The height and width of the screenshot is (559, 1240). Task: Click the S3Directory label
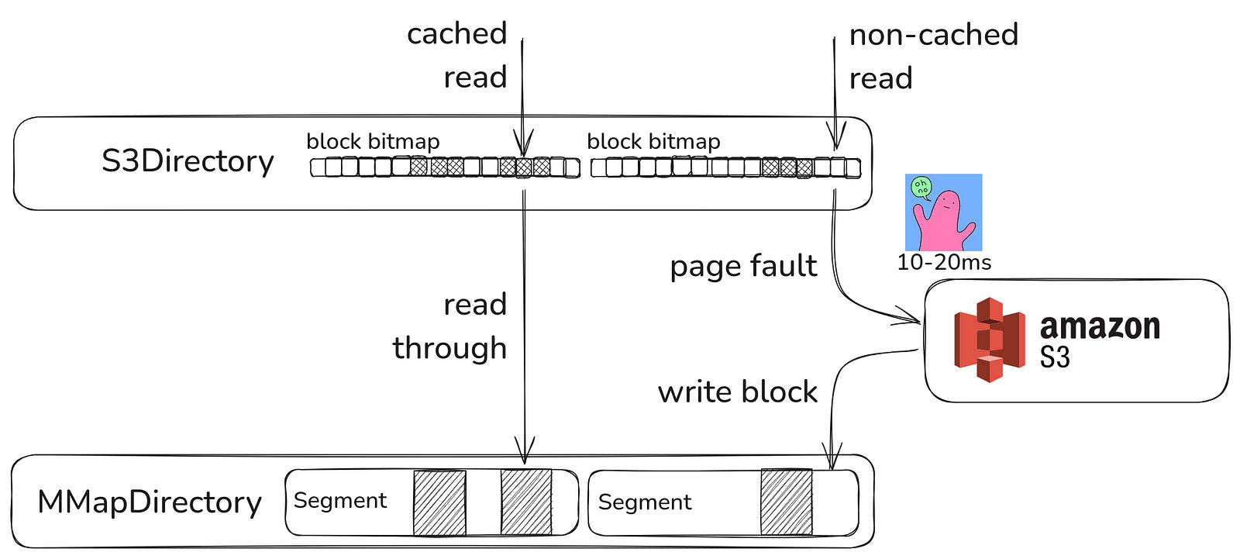188,161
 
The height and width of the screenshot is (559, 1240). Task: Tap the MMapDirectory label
150,502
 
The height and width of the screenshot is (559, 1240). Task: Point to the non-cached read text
933,56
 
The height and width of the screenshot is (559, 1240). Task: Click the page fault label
742,266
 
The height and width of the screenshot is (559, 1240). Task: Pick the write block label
737,392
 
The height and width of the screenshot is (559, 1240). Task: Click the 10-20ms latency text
943,262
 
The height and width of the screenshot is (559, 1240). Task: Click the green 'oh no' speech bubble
921,187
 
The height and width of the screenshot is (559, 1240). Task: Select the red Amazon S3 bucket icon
990,339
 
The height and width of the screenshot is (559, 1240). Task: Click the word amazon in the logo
1099,326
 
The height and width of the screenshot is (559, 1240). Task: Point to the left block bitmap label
373,141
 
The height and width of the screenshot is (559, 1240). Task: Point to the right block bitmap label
653,141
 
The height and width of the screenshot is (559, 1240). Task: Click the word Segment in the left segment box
339,501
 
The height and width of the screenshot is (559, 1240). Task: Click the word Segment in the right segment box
644,502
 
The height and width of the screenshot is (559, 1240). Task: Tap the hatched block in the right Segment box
786,502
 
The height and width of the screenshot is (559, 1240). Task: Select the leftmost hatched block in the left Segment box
439,502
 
